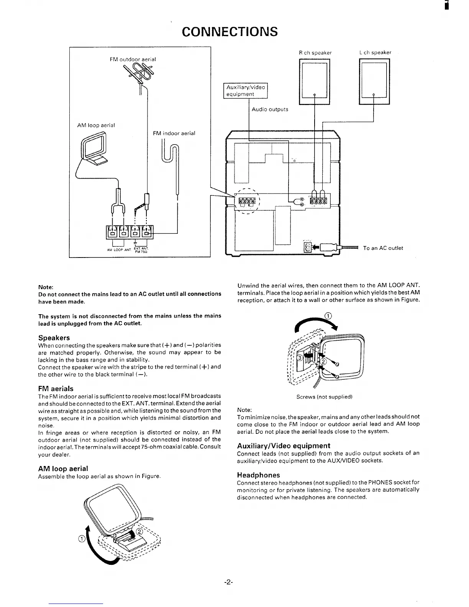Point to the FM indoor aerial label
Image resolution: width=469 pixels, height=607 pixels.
(174, 133)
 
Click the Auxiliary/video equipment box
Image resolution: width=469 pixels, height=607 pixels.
(245, 90)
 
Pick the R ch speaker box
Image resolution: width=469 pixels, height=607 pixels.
(314, 81)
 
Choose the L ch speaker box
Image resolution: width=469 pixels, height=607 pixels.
(374, 81)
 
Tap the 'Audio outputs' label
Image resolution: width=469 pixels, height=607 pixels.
(270, 110)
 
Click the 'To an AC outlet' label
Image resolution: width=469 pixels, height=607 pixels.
(383, 248)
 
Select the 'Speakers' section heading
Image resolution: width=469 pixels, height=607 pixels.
(54, 338)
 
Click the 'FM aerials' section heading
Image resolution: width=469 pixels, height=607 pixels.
(56, 388)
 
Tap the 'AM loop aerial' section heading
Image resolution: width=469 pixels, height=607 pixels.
(63, 468)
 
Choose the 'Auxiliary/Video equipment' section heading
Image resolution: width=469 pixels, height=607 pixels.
(284, 446)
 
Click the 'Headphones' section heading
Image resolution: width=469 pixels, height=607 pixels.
(259, 475)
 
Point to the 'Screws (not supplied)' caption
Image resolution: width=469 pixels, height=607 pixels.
(324, 397)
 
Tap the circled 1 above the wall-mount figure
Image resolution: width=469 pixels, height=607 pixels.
(328, 316)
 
